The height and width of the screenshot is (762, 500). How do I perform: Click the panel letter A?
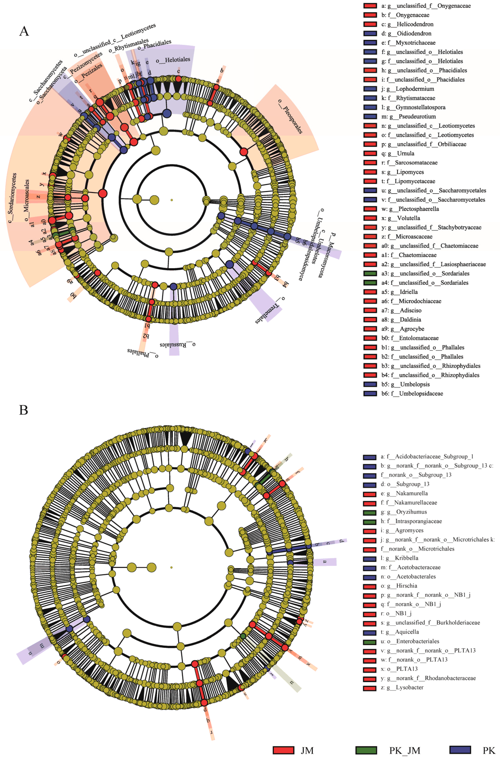click(x=24, y=31)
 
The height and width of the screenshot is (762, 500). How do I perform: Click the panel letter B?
click(x=23, y=410)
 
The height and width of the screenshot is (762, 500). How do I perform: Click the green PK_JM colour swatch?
click(x=366, y=750)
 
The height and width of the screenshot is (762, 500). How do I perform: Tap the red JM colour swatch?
click(x=283, y=750)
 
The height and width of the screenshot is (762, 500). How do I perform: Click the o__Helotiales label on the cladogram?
click(x=173, y=60)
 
